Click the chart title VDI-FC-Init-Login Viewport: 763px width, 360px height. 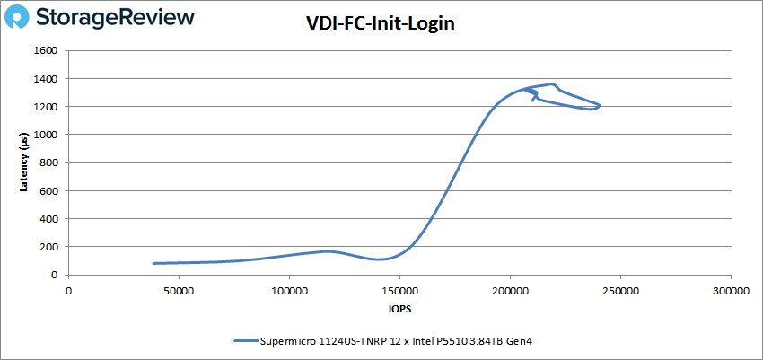tap(381, 24)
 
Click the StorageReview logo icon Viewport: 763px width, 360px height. tap(23, 17)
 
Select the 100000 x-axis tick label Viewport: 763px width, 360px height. tap(289, 292)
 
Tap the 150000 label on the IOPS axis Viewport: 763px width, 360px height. tap(399, 292)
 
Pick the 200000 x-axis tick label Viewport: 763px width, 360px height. tap(510, 292)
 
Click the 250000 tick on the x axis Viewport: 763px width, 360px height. tap(620, 292)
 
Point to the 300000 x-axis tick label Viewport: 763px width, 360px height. tap(731, 292)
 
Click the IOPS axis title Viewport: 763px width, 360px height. tap(399, 309)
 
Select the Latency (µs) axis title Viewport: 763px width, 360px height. tap(26, 163)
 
